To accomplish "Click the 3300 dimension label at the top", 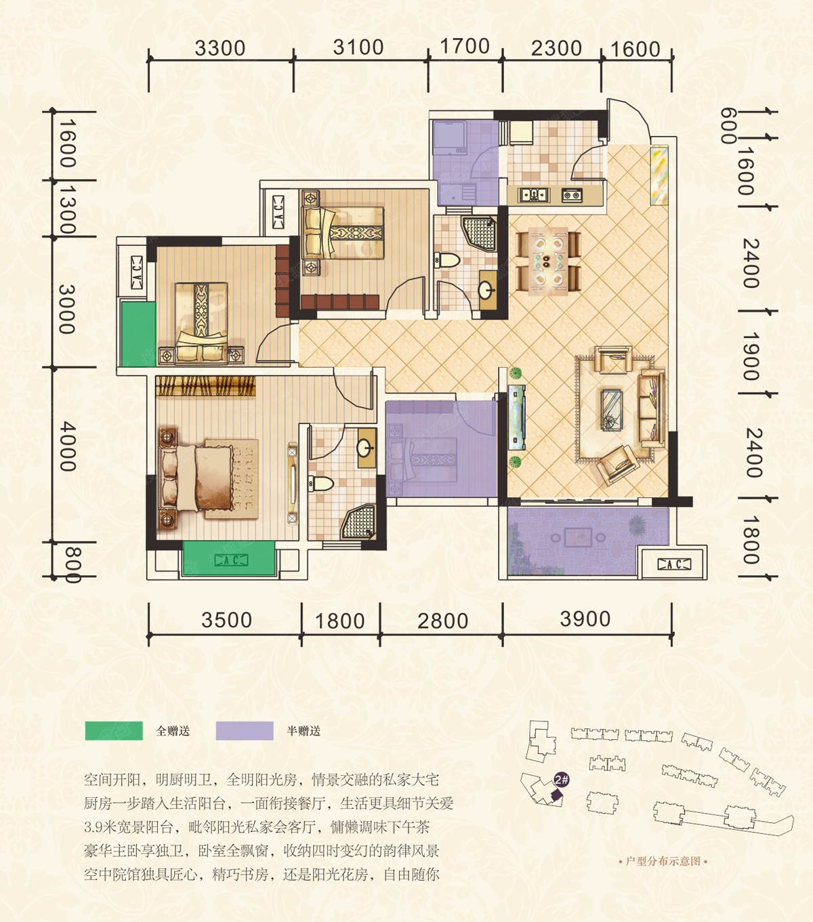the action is [220, 48].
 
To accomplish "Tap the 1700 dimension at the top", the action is [465, 47].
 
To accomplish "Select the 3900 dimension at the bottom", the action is [585, 619].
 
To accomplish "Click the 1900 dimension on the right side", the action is [751, 356].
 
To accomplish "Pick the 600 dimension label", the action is [728, 125].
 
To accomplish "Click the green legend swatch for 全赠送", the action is [114, 731].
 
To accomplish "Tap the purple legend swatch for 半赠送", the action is [245, 731].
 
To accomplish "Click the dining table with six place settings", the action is [548, 261].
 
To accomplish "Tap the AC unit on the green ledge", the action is [231, 560].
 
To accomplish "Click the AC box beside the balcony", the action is [674, 564].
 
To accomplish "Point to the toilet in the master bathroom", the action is [321, 483].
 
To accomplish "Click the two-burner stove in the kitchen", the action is [572, 195].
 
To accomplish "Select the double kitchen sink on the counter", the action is [533, 195].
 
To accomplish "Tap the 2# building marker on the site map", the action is [562, 780].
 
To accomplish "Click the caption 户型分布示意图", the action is [663, 861].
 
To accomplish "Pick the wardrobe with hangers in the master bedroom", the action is [205, 386].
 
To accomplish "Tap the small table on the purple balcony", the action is [578, 537].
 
